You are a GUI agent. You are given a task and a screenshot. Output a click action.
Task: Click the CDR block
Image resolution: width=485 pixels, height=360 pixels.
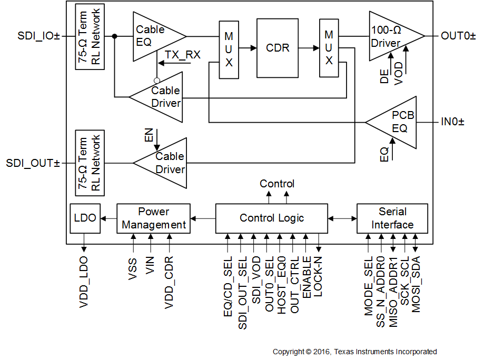(x=278, y=48)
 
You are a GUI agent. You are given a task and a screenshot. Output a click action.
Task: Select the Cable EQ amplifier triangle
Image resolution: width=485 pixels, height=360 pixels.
(x=155, y=36)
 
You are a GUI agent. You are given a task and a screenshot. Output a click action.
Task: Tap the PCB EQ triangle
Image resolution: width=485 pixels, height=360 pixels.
(x=395, y=122)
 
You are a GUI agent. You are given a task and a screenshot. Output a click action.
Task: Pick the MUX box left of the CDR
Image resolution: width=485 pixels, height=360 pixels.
(x=229, y=50)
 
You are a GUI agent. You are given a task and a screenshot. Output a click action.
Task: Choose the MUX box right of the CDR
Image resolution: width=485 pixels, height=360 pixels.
(x=329, y=48)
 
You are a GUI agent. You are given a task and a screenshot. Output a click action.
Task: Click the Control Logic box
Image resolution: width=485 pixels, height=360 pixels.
(x=271, y=218)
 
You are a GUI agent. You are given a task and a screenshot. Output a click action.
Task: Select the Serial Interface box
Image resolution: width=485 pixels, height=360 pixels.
(x=392, y=218)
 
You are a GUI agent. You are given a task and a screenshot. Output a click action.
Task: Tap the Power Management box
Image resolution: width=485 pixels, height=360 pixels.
(x=153, y=218)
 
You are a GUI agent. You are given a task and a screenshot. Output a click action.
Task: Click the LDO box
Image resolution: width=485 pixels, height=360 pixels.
(x=85, y=218)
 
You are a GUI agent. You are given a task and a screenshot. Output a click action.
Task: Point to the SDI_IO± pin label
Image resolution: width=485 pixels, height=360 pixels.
(x=38, y=36)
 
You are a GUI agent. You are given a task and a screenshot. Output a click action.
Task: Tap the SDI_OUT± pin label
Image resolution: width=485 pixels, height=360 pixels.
(x=33, y=163)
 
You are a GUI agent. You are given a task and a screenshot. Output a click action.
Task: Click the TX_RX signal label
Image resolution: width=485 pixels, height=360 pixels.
(x=182, y=55)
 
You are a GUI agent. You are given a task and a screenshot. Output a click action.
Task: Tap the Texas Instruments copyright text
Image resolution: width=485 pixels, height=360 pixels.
(x=354, y=352)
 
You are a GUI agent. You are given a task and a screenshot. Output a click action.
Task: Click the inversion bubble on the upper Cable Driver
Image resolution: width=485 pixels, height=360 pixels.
(x=156, y=80)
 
